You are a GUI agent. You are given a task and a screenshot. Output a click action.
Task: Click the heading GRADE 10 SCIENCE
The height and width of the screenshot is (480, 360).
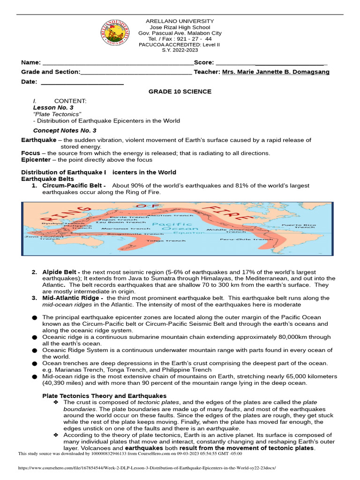tap(180, 91)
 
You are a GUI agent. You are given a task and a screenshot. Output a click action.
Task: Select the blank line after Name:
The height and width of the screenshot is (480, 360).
tap(117, 63)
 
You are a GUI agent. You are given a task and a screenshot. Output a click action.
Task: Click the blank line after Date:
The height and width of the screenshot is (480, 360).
tap(82, 82)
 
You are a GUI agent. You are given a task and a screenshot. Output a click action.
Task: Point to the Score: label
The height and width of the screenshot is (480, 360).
tap(204, 62)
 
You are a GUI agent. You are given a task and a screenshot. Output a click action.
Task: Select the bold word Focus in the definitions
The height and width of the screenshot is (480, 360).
tap(31, 153)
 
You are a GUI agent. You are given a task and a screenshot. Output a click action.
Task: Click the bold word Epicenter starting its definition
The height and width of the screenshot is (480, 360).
tap(36, 160)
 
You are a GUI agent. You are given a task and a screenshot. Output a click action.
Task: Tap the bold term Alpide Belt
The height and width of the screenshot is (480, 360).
tap(61, 272)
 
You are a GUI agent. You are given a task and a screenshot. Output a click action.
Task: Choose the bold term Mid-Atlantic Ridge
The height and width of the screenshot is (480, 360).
tap(72, 298)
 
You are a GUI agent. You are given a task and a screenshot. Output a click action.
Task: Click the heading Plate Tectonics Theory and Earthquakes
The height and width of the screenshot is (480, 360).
tap(104, 396)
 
